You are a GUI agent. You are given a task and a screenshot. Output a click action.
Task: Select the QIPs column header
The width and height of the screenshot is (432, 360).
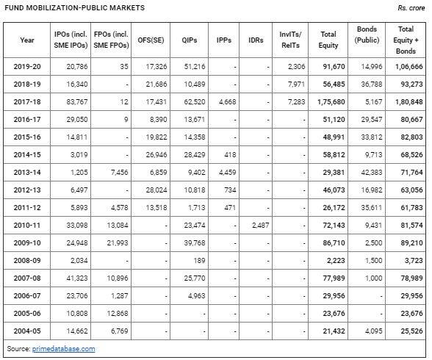[189, 40]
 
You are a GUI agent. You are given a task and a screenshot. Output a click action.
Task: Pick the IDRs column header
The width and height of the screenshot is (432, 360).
[256, 40]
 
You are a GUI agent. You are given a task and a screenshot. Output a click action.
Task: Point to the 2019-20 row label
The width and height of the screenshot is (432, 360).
[27, 67]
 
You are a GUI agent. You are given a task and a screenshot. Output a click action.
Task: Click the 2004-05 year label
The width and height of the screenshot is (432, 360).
[27, 331]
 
